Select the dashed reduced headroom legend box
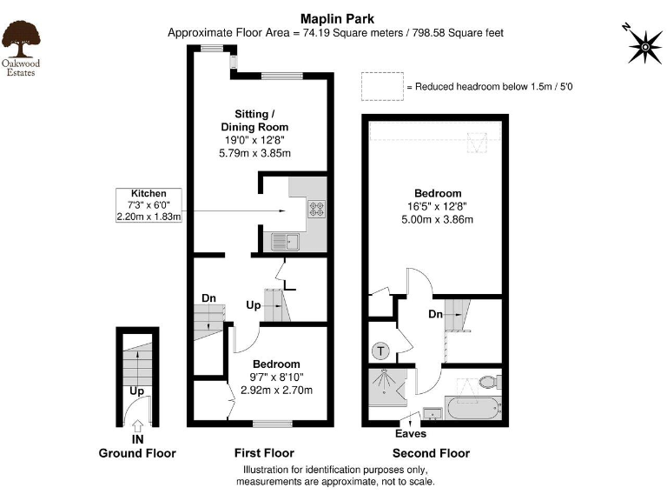[380, 86]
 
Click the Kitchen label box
[149, 205]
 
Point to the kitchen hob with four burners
[317, 208]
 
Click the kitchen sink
[285, 241]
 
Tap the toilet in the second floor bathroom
[489, 381]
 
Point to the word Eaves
[411, 433]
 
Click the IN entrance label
[137, 439]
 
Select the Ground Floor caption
[137, 453]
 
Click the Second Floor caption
[431, 453]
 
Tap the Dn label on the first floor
[208, 298]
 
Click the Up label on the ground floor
[137, 391]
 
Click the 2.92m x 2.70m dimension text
[276, 390]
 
